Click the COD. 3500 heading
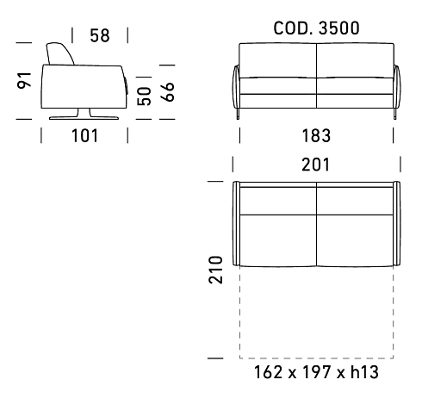click(316, 28)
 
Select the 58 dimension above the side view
click(100, 35)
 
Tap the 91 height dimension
click(24, 80)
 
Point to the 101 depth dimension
click(84, 135)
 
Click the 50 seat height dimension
click(144, 96)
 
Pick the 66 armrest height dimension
click(167, 92)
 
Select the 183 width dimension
click(316, 135)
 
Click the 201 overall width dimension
click(316, 165)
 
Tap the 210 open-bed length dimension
click(215, 270)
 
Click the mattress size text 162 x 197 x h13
click(316, 372)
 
